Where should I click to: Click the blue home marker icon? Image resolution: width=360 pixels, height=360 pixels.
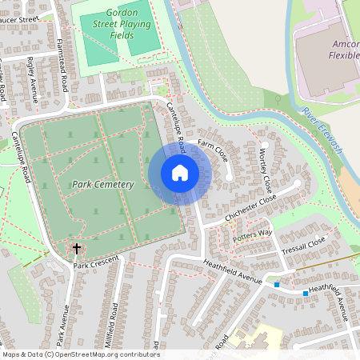tap(179, 173)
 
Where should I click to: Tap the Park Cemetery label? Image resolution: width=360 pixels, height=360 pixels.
tap(103, 185)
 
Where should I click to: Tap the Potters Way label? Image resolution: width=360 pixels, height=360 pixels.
tap(253, 233)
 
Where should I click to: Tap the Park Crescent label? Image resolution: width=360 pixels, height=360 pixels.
tap(97, 262)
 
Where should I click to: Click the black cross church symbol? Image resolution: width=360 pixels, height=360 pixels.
tap(77, 250)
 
